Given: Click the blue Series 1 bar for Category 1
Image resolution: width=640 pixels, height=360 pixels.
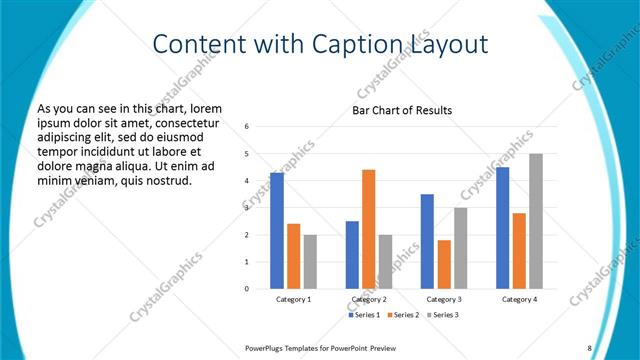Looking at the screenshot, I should [276, 230].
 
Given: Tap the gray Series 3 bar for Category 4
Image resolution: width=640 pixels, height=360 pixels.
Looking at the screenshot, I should [536, 221].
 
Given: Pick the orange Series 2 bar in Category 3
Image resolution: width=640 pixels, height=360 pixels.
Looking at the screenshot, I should [444, 264].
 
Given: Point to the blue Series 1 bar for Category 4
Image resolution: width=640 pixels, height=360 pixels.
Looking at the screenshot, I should [502, 228].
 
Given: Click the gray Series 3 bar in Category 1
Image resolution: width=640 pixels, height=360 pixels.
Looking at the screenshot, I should [310, 262].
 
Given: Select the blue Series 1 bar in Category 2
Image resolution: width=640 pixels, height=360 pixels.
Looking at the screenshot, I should [352, 255].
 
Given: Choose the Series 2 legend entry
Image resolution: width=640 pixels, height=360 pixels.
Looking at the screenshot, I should [402, 315].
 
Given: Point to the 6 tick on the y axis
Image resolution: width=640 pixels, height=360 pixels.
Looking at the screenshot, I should [246, 127].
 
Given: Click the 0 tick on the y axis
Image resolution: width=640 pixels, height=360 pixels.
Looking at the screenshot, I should [246, 289].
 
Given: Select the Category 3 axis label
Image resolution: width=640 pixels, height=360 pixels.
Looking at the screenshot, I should [444, 299].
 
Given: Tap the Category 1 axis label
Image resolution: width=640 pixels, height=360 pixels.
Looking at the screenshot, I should [293, 299].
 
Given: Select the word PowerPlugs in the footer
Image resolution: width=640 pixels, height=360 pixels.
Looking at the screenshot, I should [264, 347].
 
